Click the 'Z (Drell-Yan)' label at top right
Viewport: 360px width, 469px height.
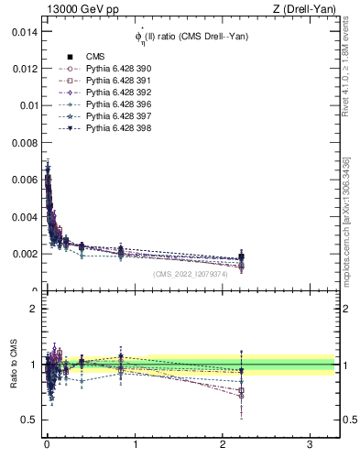tap(306, 9)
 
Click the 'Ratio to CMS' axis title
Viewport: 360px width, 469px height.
tap(13, 364)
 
